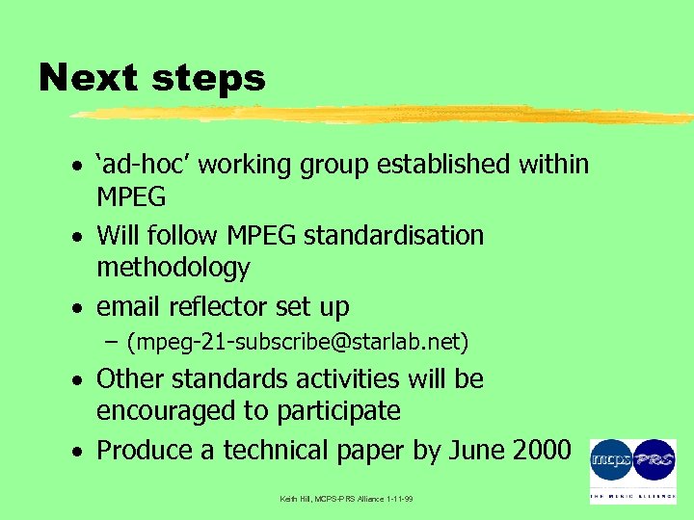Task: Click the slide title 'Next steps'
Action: [151, 77]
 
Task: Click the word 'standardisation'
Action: [393, 236]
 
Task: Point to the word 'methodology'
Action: [173, 268]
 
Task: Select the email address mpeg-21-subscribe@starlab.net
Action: [298, 342]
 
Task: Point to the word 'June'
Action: [467, 450]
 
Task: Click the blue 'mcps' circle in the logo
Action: [610, 461]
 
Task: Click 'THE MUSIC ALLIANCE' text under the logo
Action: [632, 496]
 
